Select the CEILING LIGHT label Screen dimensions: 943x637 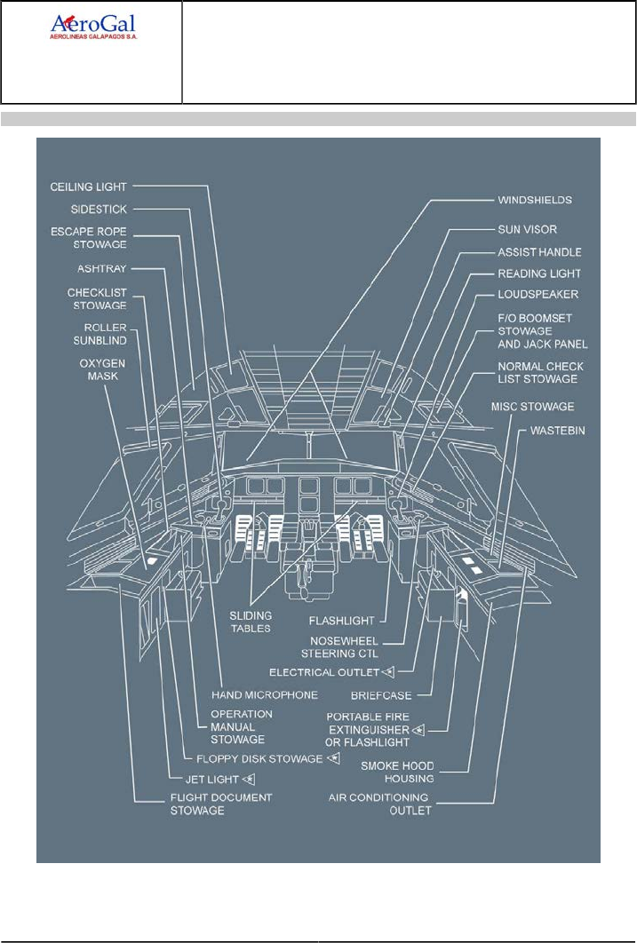[x=89, y=187]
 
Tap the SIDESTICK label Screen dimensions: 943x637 [x=99, y=210]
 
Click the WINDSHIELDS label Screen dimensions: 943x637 [x=534, y=201]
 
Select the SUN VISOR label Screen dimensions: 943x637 [x=528, y=229]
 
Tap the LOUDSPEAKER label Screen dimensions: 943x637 [x=538, y=294]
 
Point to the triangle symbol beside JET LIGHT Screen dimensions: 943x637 [x=251, y=780]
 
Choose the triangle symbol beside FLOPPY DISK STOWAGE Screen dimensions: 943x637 [x=333, y=759]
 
